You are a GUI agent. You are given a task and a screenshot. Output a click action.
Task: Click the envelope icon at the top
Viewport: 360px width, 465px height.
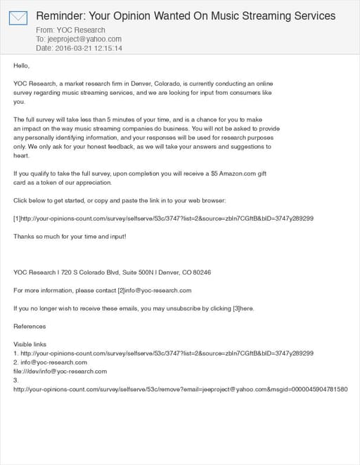[18, 18]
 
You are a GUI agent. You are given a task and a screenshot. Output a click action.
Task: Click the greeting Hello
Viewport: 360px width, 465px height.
[22, 65]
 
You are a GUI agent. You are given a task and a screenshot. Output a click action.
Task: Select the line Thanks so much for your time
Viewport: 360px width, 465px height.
[70, 236]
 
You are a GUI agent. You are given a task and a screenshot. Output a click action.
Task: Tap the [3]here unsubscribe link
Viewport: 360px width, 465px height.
[243, 308]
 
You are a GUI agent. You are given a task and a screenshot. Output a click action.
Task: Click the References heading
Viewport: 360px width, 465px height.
[30, 326]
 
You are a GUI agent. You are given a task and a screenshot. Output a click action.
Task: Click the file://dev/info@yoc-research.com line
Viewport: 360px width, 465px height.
[60, 371]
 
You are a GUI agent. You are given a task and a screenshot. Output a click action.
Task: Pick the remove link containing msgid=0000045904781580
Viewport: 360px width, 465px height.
[181, 389]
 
